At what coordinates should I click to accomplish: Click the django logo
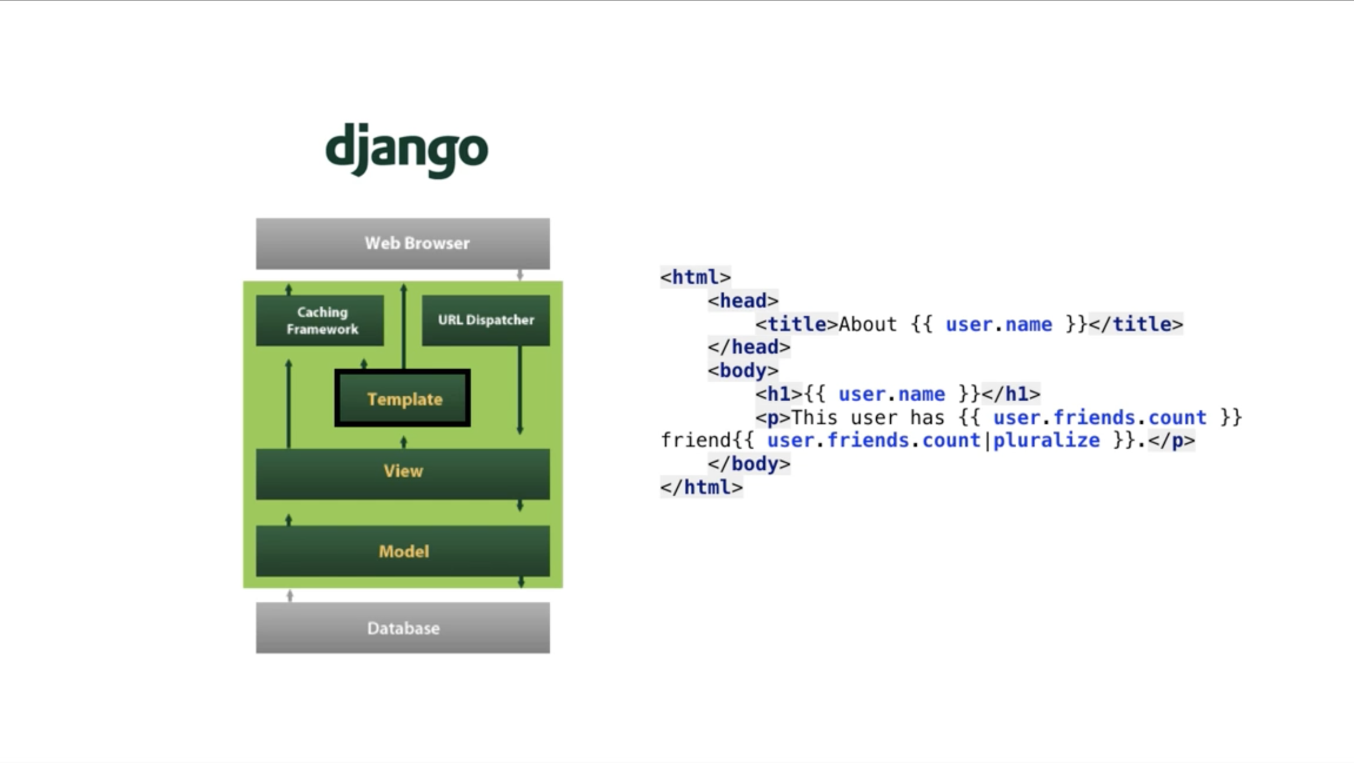point(407,150)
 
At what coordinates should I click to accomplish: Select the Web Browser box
point(403,244)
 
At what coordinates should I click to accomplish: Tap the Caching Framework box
point(320,320)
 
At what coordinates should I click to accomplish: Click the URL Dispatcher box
point(486,320)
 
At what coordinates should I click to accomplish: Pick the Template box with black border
point(403,398)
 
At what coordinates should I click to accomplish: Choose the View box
point(403,474)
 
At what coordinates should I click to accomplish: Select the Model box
point(403,551)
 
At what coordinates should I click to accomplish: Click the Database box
point(403,628)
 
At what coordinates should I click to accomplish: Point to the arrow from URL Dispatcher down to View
point(520,390)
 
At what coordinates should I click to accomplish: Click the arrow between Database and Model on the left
point(290,595)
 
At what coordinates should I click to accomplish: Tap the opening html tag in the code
point(695,277)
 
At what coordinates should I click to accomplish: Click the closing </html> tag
point(702,487)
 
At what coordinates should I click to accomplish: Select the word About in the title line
point(868,324)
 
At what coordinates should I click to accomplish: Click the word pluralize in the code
point(1046,440)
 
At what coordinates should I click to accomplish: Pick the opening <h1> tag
point(779,394)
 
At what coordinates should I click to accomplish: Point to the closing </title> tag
point(1135,324)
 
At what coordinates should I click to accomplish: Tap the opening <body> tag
point(743,371)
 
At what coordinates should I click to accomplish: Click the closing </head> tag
point(749,347)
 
